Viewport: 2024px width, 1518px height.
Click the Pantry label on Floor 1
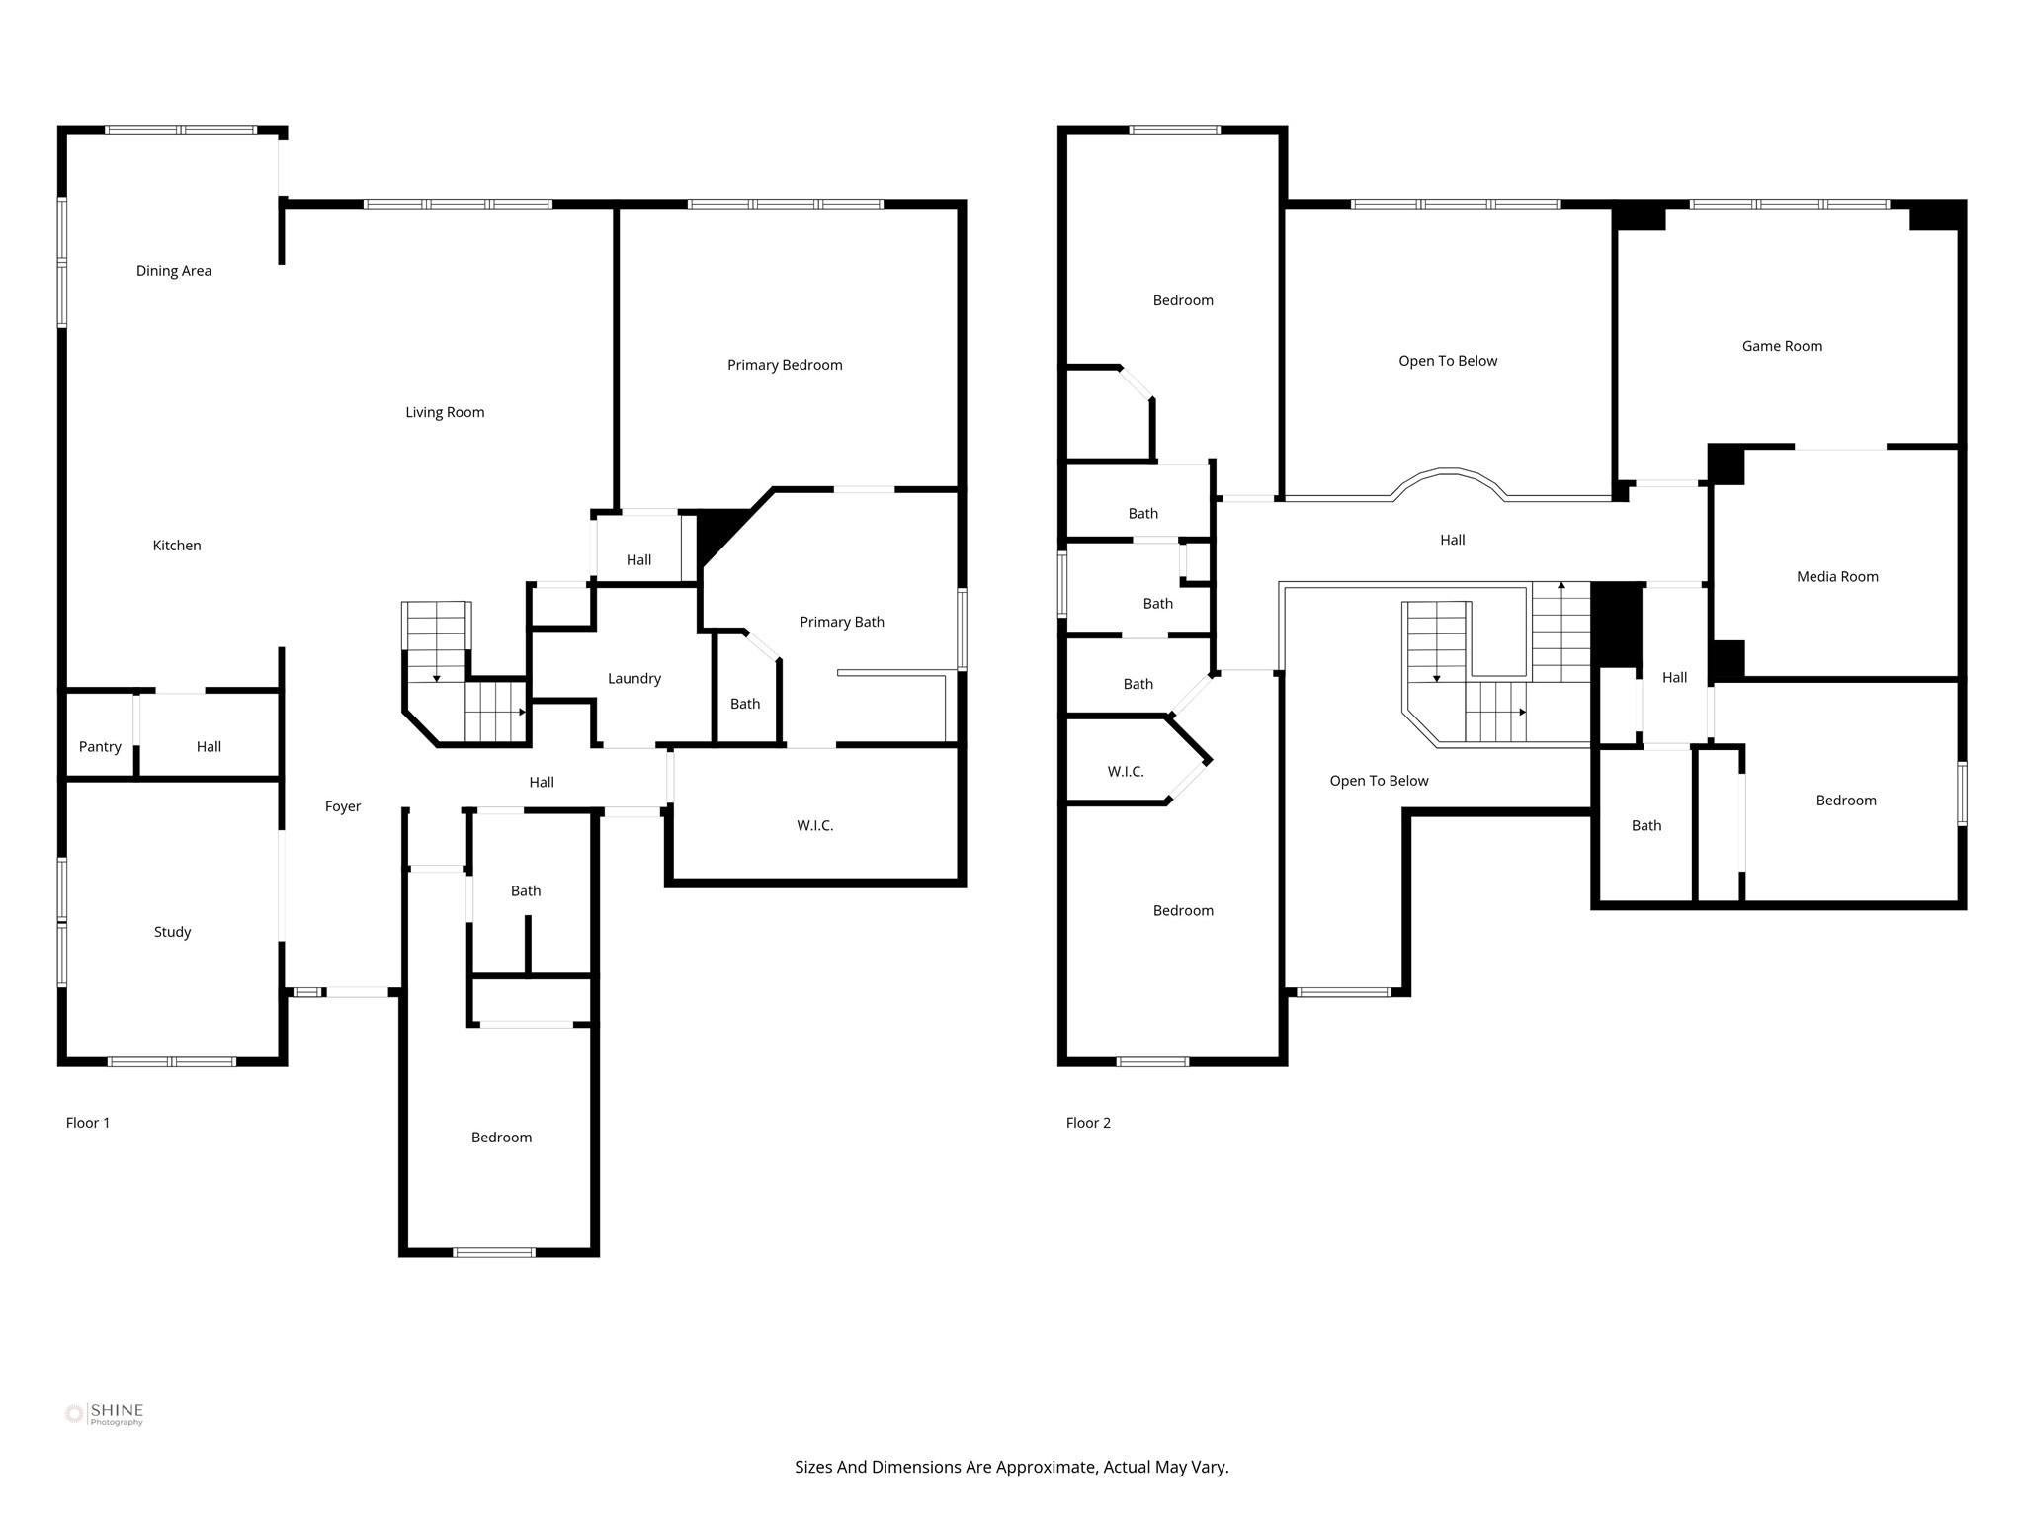coord(100,747)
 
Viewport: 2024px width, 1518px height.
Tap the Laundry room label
coord(633,679)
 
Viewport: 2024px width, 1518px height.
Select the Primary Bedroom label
coord(785,365)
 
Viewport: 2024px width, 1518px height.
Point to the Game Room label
coord(1782,346)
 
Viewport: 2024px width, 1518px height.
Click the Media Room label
coord(1837,577)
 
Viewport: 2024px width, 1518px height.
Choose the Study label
coord(172,932)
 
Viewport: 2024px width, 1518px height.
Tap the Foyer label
coord(343,807)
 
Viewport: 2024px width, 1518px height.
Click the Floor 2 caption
coord(1088,1123)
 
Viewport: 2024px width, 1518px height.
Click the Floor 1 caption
coord(88,1123)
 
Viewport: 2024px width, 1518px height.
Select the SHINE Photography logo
coord(105,1414)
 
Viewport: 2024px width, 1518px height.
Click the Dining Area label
coord(174,271)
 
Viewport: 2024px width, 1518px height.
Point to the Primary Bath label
coord(842,622)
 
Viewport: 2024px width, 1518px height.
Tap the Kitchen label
coord(177,546)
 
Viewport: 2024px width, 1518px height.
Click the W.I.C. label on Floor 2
coord(1126,772)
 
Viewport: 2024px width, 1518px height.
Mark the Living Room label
coord(445,413)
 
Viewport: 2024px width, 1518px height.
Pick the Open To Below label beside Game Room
coord(1448,362)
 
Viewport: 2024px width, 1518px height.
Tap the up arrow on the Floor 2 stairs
coord(1561,587)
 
